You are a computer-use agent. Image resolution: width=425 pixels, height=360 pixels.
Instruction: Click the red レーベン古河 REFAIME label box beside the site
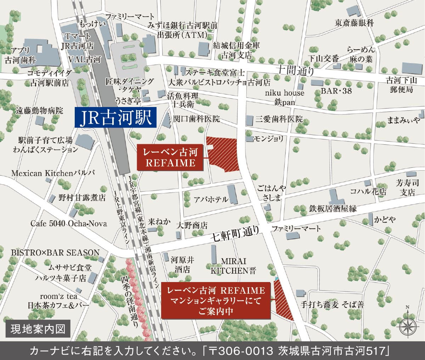pyautogui.click(x=170, y=158)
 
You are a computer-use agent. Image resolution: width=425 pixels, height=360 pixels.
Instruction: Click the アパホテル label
pyautogui.click(x=211, y=199)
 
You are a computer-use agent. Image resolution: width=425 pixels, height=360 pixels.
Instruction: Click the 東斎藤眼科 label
pyautogui.click(x=354, y=23)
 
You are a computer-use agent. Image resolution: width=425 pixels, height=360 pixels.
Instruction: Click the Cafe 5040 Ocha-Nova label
pyautogui.click(x=68, y=224)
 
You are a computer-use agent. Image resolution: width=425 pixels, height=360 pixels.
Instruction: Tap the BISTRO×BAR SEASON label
pyautogui.click(x=55, y=253)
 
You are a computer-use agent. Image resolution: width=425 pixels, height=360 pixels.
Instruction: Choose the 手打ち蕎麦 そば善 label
pyautogui.click(x=332, y=304)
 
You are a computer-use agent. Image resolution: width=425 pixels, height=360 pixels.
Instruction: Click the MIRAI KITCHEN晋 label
pyautogui.click(x=233, y=266)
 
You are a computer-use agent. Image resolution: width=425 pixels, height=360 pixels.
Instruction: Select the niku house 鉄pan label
pyautogui.click(x=284, y=97)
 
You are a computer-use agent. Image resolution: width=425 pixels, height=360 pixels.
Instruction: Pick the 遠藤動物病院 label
pyautogui.click(x=39, y=111)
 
